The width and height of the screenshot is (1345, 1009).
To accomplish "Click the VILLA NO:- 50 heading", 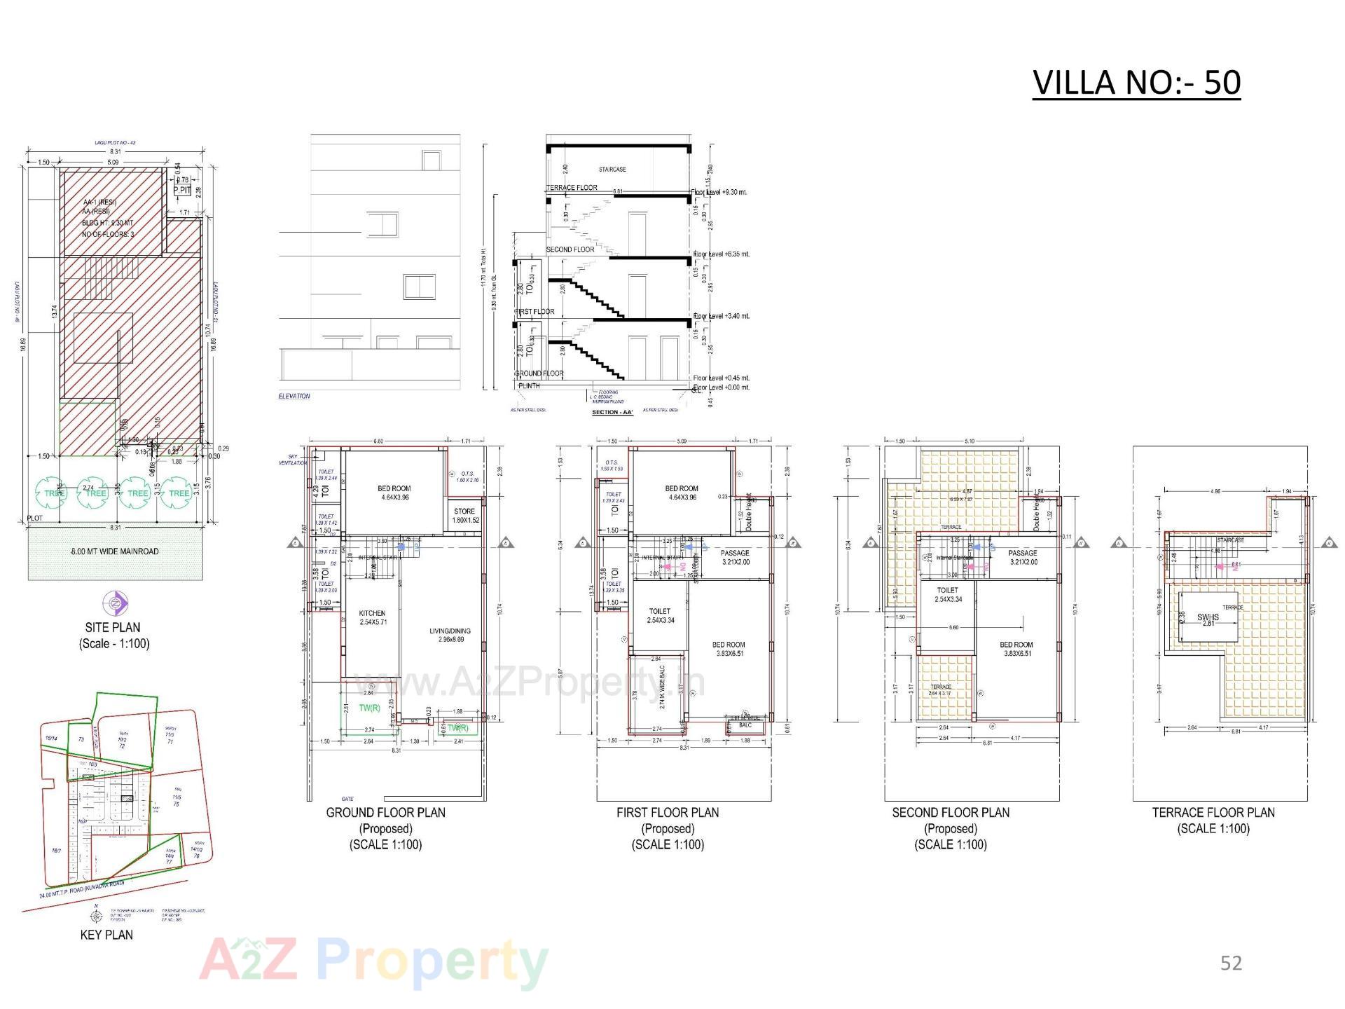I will click(1136, 83).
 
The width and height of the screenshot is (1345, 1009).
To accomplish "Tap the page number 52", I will click(1231, 963).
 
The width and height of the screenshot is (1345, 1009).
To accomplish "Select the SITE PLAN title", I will click(113, 628).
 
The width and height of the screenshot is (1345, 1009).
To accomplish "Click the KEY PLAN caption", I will click(106, 935).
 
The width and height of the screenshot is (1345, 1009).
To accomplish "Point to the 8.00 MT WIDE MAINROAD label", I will click(114, 551).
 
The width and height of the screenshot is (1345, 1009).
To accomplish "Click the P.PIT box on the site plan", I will click(182, 190).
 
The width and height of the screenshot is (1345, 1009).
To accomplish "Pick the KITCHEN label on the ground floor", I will click(372, 614).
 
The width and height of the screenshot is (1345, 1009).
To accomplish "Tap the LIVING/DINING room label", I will click(450, 631).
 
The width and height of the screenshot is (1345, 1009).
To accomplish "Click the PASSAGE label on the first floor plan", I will click(735, 554).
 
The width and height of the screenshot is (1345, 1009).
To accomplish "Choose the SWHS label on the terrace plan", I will click(1208, 617).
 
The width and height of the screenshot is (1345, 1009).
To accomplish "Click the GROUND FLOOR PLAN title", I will click(385, 813).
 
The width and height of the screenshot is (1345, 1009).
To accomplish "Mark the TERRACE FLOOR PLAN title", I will click(1213, 813).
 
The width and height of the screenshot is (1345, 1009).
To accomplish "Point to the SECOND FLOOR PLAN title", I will click(951, 813).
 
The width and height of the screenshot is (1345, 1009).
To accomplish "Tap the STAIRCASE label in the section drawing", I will click(612, 170).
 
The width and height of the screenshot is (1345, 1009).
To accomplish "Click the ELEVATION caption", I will click(294, 397).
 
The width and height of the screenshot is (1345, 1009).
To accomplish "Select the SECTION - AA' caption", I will click(613, 413).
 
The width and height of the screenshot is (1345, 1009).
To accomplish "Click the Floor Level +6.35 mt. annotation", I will click(722, 254).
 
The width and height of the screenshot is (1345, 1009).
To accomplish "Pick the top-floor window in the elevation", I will click(431, 161).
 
